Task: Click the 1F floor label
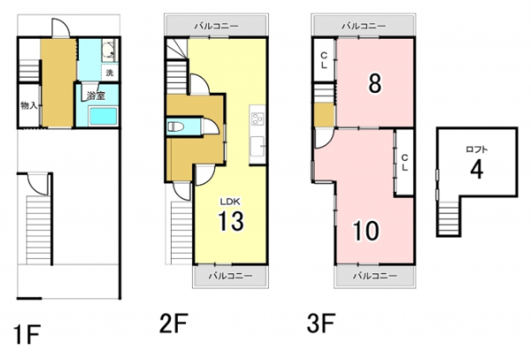pos(27,334)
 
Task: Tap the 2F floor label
pos(173,323)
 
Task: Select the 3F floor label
pos(321,323)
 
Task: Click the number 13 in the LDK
pos(231,221)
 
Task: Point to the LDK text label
pos(230,202)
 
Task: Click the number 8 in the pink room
pos(375,83)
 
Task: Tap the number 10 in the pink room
pos(366,230)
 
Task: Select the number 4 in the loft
pos(476,169)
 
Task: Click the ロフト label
pos(477,149)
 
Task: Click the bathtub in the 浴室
pos(104,116)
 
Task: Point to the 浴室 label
pos(96,96)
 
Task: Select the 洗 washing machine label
pos(110,73)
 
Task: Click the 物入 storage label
pos(28,105)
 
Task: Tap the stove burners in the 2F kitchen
pos(258,119)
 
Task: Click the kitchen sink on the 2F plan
pos(258,146)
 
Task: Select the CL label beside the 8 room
pos(324,60)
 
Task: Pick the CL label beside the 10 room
pos(404,163)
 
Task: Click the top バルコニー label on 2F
pos(217,26)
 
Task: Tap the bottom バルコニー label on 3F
pos(375,276)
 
